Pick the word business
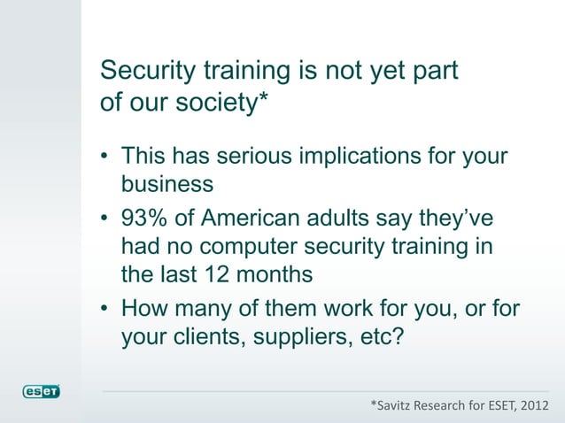pyautogui.click(x=167, y=185)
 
